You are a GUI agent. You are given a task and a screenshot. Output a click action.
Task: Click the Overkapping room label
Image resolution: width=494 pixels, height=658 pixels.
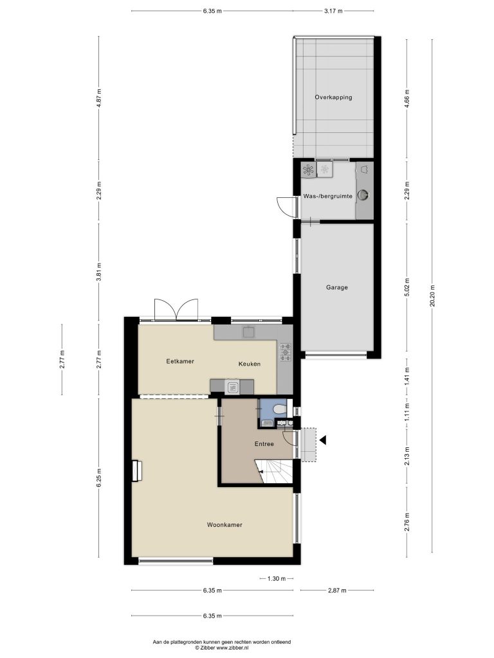(x=334, y=98)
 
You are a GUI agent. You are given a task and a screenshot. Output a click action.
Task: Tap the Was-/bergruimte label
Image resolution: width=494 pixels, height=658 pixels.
(x=327, y=196)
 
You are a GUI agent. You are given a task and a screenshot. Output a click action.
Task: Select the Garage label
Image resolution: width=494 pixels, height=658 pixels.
(x=337, y=287)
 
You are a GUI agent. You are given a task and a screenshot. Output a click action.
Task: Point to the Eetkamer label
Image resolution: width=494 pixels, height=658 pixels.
(x=180, y=361)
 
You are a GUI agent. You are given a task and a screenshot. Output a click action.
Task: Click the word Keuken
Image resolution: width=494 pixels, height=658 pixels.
(x=250, y=364)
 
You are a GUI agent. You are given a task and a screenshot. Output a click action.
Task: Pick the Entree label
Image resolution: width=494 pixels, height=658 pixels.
(x=264, y=444)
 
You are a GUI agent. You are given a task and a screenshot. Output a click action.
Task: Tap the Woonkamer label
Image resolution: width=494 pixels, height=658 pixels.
(x=224, y=524)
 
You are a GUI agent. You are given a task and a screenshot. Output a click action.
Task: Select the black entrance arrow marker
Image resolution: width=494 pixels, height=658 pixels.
(x=323, y=440)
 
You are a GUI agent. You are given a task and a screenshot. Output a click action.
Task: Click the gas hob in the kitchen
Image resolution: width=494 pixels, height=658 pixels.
(x=286, y=352)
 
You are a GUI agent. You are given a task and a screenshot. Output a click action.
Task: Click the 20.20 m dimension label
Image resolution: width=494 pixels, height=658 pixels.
(x=432, y=296)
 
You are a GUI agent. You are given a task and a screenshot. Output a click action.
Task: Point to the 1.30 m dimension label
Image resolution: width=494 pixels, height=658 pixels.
(x=277, y=579)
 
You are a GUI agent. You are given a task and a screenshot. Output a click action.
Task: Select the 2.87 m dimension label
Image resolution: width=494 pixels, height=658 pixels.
(x=337, y=591)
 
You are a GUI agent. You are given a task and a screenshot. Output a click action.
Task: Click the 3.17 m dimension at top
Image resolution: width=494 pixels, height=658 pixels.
(x=333, y=11)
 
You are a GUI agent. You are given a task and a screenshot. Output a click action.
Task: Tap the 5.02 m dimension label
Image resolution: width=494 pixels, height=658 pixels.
(x=407, y=287)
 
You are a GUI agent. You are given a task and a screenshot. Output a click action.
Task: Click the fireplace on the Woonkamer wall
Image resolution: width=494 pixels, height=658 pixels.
(x=136, y=471)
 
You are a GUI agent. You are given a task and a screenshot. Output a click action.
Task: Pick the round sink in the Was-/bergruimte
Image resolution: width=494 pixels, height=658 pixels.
(x=363, y=195)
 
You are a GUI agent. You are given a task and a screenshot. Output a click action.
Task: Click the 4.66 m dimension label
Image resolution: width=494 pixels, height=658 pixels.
(x=407, y=98)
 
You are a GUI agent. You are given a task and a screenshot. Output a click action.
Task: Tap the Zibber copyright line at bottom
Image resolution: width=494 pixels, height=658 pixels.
(x=222, y=648)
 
